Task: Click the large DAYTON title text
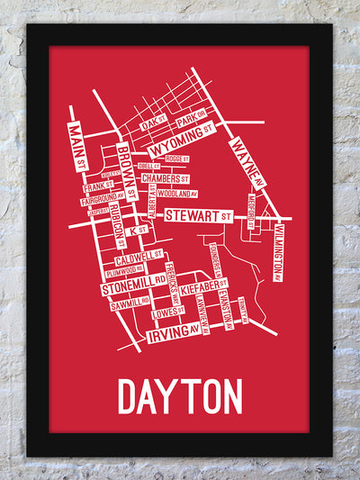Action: (180, 396)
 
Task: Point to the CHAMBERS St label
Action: (168, 178)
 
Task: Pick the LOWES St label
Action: (168, 312)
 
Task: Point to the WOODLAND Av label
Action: (175, 193)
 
